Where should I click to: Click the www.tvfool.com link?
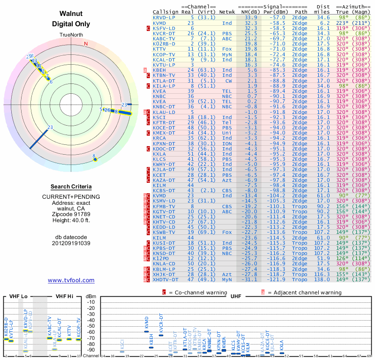pos(71,280)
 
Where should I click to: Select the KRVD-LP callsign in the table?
pos(164,17)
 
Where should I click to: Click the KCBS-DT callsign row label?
pos(164,190)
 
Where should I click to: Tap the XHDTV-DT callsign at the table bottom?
pos(165,279)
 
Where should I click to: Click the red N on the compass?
pos(86,44)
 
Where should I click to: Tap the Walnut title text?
pos(71,14)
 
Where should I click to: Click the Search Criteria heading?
pos(71,187)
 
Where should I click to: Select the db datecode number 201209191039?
pos(71,243)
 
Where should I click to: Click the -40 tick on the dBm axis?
pos(91,320)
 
